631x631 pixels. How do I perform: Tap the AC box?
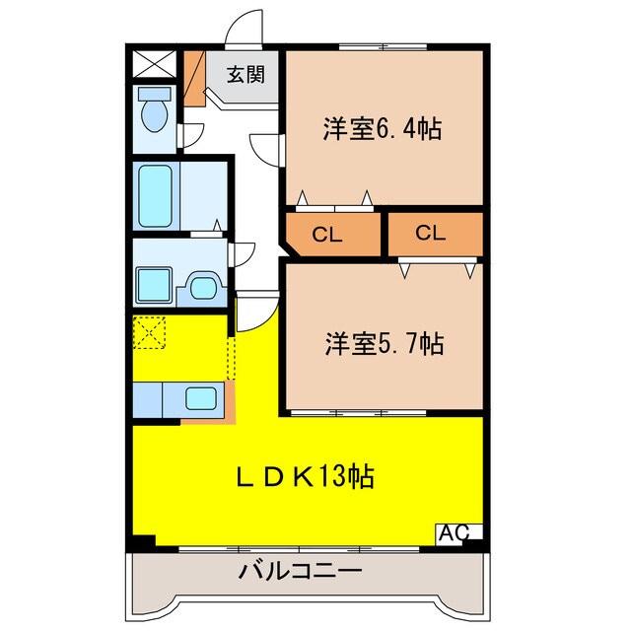click(x=454, y=533)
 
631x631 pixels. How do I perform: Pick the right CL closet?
click(x=431, y=234)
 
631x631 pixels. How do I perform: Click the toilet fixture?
click(x=153, y=112)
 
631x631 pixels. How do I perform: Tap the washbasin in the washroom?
click(x=204, y=287)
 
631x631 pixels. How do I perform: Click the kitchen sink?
click(x=202, y=399)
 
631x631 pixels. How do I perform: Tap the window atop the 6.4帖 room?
click(x=383, y=46)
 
